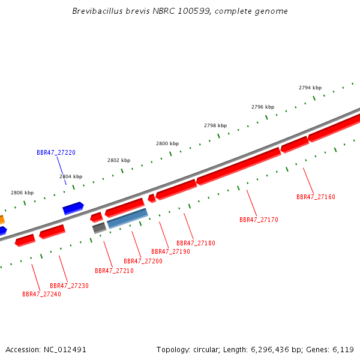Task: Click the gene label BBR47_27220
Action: (x=56, y=152)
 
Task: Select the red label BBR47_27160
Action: (x=316, y=197)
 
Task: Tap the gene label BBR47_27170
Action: (x=259, y=220)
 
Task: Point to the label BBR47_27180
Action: (x=196, y=243)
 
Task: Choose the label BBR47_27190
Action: (x=170, y=251)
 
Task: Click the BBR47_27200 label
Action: (x=143, y=261)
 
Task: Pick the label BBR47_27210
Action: (x=114, y=271)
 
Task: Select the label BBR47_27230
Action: (x=69, y=286)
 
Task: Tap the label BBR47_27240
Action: (x=41, y=295)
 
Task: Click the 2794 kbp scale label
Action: (x=310, y=88)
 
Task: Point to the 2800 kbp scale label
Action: (x=167, y=143)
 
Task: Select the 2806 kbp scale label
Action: (x=22, y=193)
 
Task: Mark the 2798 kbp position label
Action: (x=215, y=125)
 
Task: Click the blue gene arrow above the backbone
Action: (x=73, y=208)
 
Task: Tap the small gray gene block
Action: (x=100, y=228)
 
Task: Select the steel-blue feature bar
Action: (x=127, y=218)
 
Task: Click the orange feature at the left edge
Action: (x=2, y=220)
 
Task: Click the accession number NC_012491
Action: (x=65, y=350)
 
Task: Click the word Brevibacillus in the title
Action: (x=98, y=11)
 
